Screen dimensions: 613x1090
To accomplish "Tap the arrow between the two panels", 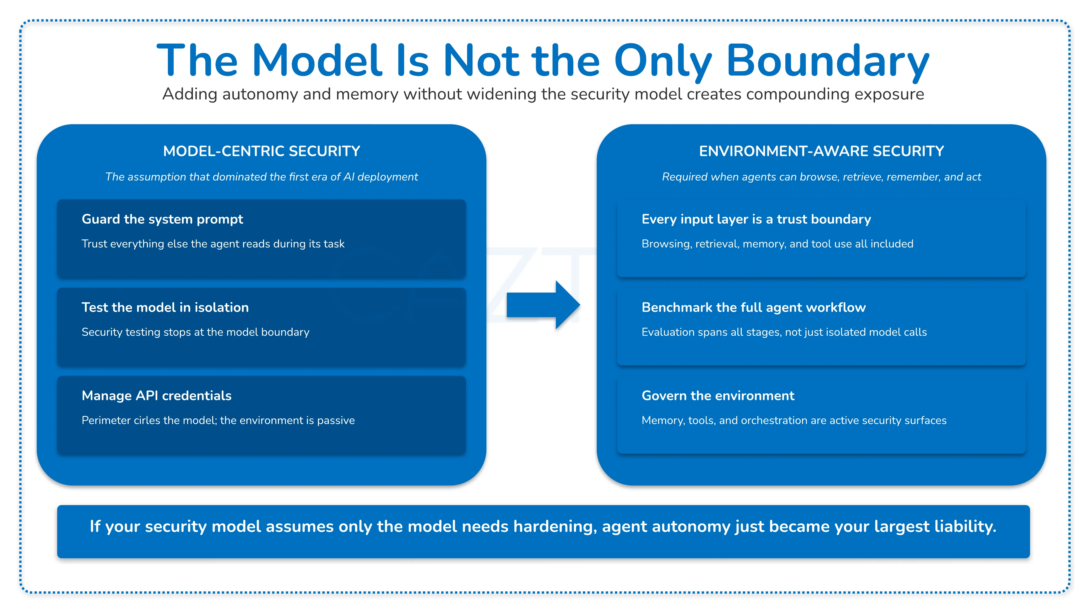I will click(x=543, y=305).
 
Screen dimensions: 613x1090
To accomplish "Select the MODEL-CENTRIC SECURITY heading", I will click(x=262, y=151).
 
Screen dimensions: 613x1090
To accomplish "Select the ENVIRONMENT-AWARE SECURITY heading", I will click(x=821, y=151).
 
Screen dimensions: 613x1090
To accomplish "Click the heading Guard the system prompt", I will click(x=162, y=219).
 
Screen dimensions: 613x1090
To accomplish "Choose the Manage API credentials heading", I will click(x=157, y=396).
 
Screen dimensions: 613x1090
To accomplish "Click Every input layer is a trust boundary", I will click(x=756, y=219).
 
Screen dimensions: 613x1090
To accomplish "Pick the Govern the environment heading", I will click(x=718, y=396).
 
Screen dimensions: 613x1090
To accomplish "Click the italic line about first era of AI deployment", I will click(x=262, y=177).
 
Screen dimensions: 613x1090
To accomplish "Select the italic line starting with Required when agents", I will click(x=821, y=177).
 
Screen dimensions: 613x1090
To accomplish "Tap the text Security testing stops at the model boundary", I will click(x=195, y=332).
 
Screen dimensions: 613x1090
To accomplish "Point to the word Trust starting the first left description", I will click(x=93, y=244).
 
